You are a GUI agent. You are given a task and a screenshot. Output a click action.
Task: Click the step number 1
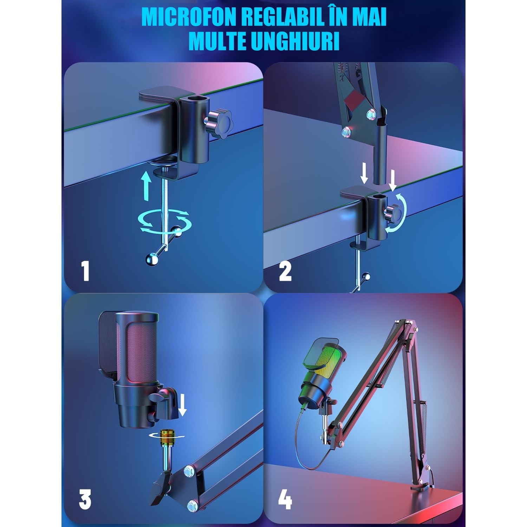pos(85,271)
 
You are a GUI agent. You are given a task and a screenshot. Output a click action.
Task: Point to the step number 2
pos(285,271)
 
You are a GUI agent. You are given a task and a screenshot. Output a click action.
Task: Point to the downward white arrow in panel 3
pos(183,405)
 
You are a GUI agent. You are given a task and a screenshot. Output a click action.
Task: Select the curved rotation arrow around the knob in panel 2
pos(398,214)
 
